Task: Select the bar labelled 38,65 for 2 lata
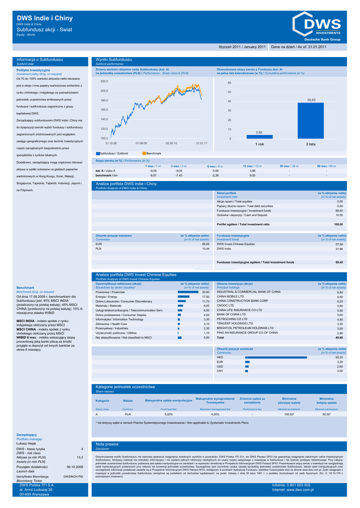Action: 311,121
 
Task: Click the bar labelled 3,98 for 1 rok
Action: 259,136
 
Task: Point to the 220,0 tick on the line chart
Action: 104,81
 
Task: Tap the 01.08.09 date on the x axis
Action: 141,143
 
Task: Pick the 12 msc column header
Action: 252,166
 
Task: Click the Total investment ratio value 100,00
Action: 338,224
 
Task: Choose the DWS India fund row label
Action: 224,249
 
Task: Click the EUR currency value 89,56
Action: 205,244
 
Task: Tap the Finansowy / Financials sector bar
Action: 188,292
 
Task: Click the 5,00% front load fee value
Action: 168,413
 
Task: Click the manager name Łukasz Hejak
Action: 27,443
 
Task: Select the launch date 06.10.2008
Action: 74,466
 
